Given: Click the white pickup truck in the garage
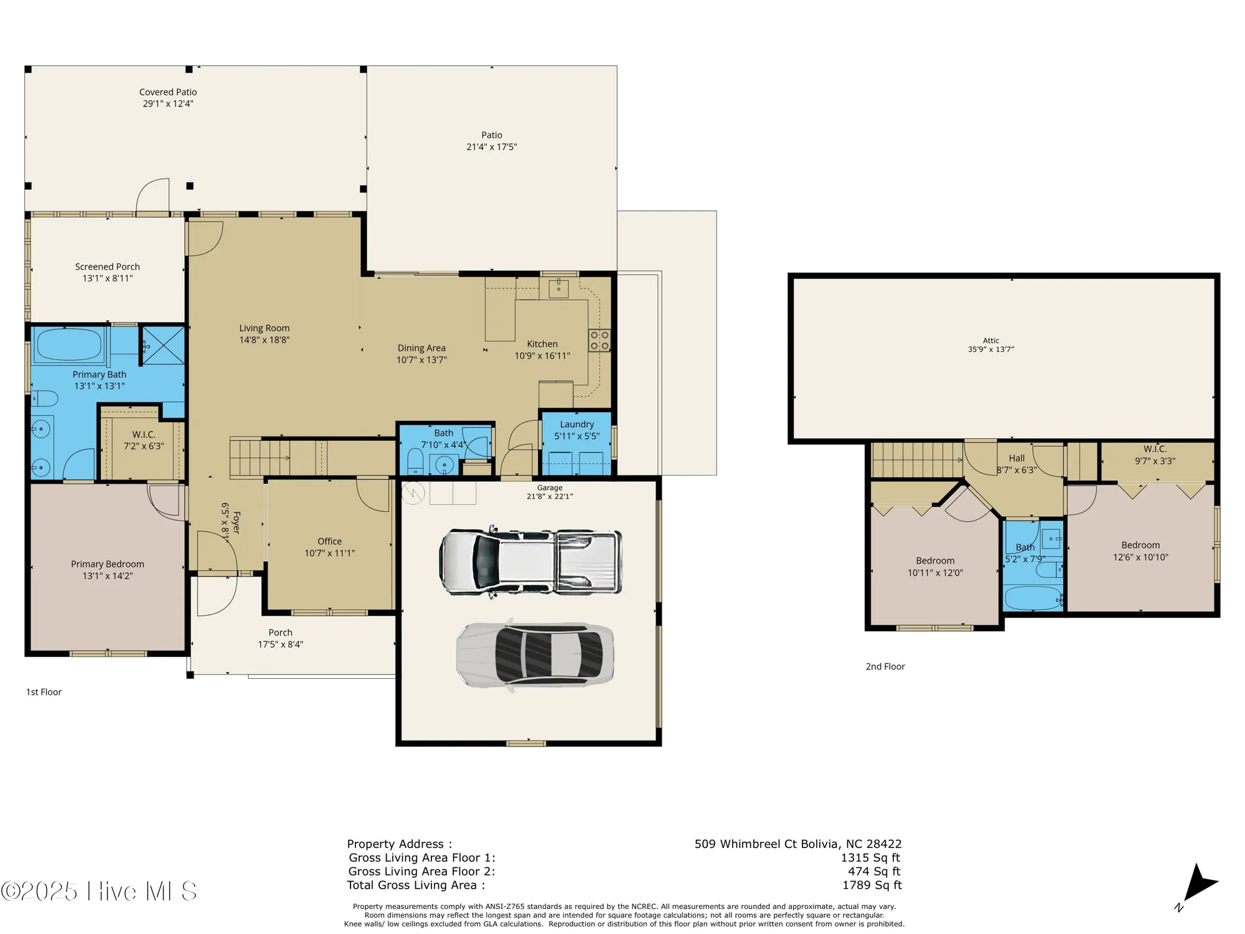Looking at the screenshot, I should click(530, 562).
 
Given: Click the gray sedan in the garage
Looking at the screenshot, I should click(535, 655).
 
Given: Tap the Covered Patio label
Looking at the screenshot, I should click(168, 92).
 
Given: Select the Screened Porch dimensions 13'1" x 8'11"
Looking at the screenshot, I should click(108, 278).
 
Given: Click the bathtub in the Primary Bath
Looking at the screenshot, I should click(68, 344).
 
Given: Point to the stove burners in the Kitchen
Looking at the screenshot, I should click(599, 341).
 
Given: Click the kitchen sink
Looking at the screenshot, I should click(558, 288).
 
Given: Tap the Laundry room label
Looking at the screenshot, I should click(577, 424).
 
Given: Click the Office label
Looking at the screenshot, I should click(329, 541).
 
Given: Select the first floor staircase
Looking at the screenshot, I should click(261, 458).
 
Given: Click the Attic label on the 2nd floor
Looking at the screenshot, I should click(991, 341).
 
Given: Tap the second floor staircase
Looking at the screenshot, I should click(916, 460).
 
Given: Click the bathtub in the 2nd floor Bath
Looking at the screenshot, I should click(1033, 599).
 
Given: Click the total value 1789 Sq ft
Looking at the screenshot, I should click(872, 885).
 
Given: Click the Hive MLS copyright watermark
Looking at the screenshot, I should click(100, 891).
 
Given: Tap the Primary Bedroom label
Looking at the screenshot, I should click(108, 564).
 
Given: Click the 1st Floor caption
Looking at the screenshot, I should click(44, 692).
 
